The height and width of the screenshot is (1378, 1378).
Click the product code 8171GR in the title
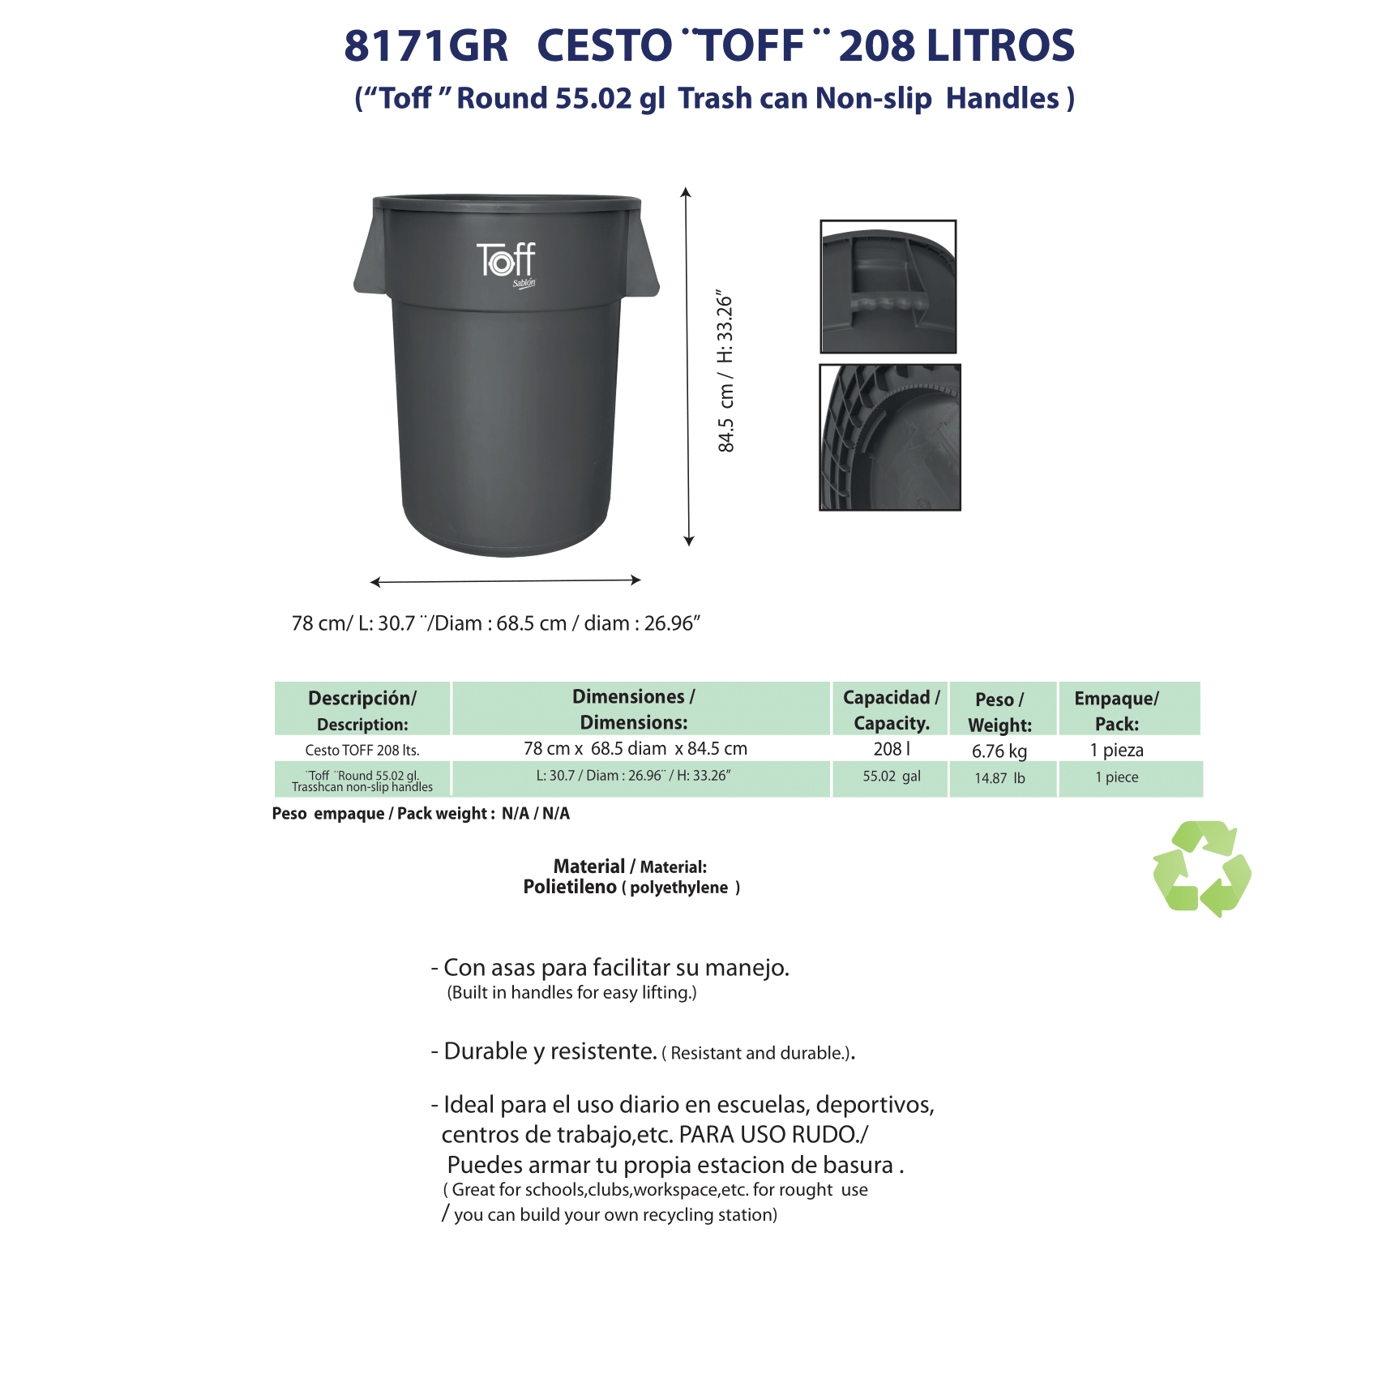pos(426,46)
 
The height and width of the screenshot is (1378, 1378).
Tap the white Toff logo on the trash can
pos(506,261)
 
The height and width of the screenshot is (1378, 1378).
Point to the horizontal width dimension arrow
pos(506,580)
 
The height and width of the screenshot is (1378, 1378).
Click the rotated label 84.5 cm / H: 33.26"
pos(725,372)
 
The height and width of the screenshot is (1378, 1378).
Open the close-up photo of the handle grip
pos(888,286)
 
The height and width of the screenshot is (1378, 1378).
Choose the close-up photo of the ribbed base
pos(889,437)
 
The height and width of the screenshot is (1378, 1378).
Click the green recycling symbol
pos(1201,868)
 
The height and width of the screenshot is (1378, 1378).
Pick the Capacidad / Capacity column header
pos(891,709)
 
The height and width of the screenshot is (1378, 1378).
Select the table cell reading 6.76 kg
pos(999,751)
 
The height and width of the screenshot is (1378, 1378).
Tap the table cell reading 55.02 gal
pos(891,777)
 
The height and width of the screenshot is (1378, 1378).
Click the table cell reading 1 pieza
pos(1116,750)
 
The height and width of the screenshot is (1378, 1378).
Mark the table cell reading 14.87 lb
pos(999,778)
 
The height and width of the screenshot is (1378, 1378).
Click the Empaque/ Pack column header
pos(1116,710)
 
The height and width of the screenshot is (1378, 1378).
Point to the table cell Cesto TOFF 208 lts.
pos(362,751)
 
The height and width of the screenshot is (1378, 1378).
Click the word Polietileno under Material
pos(570,887)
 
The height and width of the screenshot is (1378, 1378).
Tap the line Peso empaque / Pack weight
pos(421,814)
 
